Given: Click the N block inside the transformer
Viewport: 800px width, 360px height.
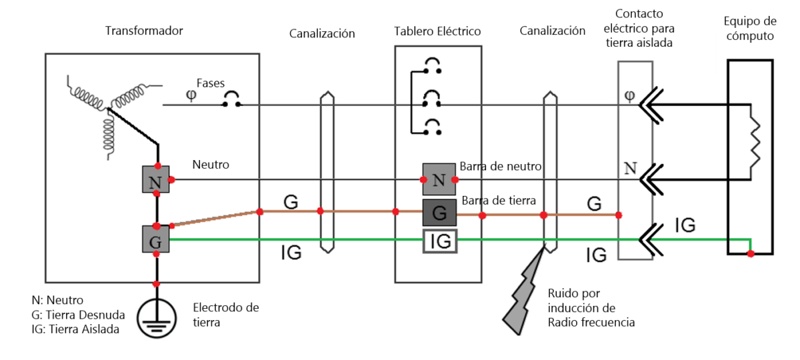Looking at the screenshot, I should [156, 179].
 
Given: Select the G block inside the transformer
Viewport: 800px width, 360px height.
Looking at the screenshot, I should [156, 239].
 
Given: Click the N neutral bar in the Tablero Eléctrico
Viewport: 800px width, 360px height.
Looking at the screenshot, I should [439, 179].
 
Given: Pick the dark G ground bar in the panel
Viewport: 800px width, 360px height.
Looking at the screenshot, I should [439, 213].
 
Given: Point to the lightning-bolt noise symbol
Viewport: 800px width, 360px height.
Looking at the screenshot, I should [526, 293].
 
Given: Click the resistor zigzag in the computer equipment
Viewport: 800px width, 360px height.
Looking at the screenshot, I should [755, 141].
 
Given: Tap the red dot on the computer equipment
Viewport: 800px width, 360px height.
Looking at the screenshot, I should [751, 254].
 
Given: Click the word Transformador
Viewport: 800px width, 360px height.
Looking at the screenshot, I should [144, 31].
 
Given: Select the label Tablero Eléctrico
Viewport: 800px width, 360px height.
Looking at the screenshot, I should [437, 31].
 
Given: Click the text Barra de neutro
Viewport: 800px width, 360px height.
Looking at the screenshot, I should [501, 166].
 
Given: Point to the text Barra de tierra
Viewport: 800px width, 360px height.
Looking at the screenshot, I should [499, 200].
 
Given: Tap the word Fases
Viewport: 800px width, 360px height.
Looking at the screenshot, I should [210, 83].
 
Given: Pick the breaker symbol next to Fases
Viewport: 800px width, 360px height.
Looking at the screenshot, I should [231, 101].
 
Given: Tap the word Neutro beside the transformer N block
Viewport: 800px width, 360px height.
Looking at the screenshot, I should [211, 163].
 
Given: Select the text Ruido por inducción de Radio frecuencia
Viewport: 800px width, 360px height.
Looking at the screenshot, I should [591, 308].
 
